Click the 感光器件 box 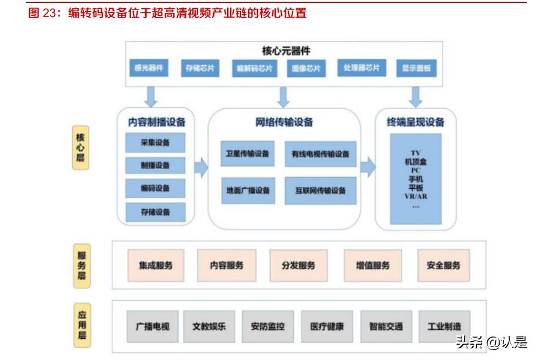149,68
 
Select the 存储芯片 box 200,68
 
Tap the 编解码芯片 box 254,68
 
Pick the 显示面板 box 416,68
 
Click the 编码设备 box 155,188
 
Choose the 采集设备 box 155,142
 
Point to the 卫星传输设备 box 248,154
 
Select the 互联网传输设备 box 320,191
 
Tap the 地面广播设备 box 248,191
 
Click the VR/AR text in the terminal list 416,196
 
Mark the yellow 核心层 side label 81,148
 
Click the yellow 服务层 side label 82,266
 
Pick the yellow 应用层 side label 82,325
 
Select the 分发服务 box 299,265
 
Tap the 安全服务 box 443,265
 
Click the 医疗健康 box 327,326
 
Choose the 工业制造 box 445,326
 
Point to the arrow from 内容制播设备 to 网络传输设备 201,168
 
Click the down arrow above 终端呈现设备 416,97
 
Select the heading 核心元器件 286,51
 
